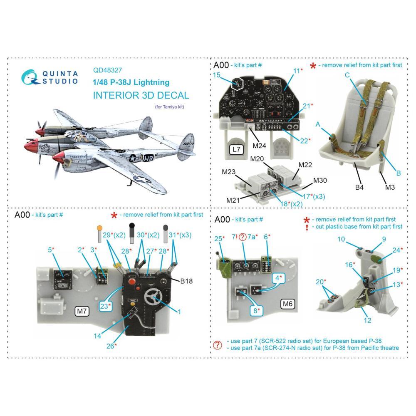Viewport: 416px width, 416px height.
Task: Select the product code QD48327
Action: point(107,70)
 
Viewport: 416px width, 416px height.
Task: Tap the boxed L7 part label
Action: point(236,149)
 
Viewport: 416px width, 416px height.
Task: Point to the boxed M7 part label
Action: point(82,311)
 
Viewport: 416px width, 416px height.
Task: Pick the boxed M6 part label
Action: point(287,304)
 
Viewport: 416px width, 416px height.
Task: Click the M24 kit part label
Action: point(259,146)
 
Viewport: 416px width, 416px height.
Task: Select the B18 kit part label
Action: point(186,281)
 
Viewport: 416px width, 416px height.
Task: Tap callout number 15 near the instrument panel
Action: point(216,75)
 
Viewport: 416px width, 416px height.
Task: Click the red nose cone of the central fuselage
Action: point(30,146)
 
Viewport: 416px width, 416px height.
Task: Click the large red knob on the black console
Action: point(131,281)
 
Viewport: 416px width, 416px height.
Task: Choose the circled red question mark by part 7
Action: point(243,237)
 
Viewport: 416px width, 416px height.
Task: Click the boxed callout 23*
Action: point(105,306)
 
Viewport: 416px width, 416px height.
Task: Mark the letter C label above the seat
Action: point(347,75)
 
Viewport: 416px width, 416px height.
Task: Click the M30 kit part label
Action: point(320,181)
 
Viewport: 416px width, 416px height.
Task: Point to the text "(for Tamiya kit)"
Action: point(170,107)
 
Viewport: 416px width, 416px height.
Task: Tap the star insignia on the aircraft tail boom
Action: point(132,158)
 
